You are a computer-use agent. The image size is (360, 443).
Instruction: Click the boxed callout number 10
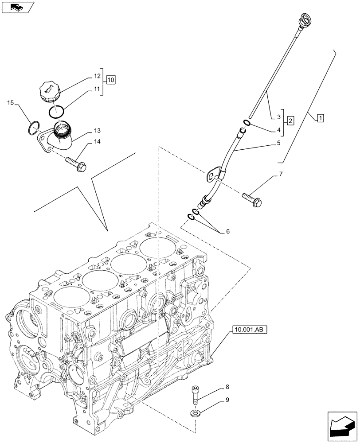pyautogui.click(x=110, y=80)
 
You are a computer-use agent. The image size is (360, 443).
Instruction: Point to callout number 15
pyautogui.click(x=10, y=103)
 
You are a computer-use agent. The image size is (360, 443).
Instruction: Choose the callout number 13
pyautogui.click(x=97, y=131)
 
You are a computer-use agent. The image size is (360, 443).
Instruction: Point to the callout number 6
pyautogui.click(x=228, y=231)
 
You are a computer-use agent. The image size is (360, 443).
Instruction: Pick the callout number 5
pyautogui.click(x=278, y=143)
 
